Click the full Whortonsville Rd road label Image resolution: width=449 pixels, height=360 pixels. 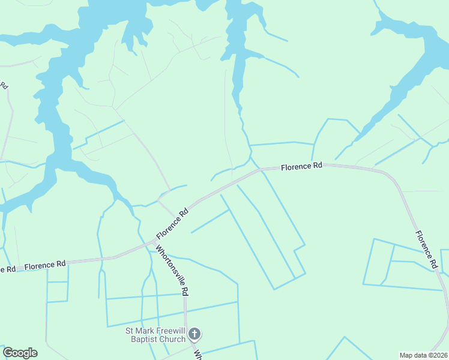(x=173, y=270)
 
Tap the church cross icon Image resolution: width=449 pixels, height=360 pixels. (x=194, y=334)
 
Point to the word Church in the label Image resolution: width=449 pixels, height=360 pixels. (x=174, y=338)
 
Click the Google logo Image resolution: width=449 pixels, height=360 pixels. (x=20, y=353)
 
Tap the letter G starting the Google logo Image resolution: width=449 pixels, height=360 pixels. (x=8, y=353)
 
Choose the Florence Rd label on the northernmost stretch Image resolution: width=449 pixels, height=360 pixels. (x=302, y=166)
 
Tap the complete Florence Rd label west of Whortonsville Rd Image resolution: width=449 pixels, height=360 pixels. (x=45, y=264)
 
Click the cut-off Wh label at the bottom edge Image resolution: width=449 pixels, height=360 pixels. (x=197, y=353)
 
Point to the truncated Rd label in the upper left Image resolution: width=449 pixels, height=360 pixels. (x=4, y=85)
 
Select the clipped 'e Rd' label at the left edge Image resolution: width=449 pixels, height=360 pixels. (x=7, y=269)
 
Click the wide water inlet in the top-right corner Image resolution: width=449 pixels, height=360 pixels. (x=420, y=54)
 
